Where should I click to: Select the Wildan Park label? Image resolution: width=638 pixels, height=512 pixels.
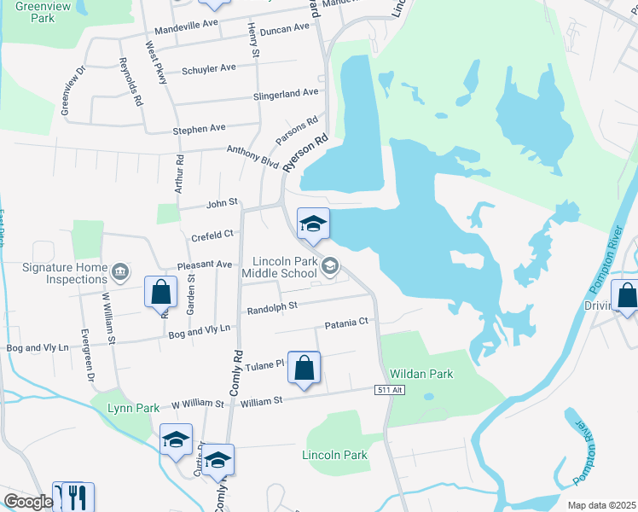tap(421, 374)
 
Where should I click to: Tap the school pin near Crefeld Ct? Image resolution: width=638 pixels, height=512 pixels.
tap(313, 224)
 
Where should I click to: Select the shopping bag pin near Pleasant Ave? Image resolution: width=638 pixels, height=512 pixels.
tap(160, 293)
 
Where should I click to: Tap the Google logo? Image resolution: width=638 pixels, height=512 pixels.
tap(28, 502)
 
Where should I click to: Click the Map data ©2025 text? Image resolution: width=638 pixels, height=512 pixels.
tap(601, 505)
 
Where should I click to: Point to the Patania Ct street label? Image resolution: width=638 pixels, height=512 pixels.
tap(345, 323)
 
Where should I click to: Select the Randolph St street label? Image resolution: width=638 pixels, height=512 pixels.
tap(271, 305)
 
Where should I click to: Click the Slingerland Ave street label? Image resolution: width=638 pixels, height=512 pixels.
tap(285, 94)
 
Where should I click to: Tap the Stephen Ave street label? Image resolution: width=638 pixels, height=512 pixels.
tap(199, 129)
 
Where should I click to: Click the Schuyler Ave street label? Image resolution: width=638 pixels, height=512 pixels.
tap(209, 68)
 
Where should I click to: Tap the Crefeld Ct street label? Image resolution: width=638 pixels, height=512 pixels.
tap(212, 235)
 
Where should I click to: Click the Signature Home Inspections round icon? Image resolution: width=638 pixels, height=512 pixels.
tap(120, 271)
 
